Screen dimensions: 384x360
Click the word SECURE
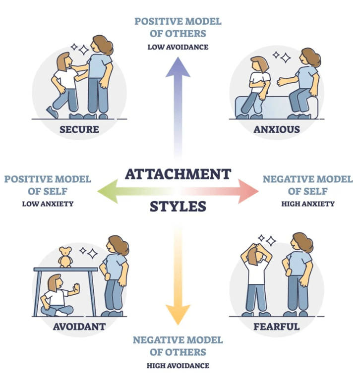[79, 130]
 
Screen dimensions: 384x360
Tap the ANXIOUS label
[277, 130]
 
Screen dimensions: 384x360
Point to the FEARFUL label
[276, 327]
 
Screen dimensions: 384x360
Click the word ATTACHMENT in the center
[178, 174]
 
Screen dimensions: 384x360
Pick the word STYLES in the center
[178, 206]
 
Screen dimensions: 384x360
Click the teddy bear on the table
[64, 257]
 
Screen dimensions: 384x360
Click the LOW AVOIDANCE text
[178, 48]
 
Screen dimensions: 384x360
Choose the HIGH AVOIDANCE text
[178, 366]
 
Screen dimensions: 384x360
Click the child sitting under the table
[56, 296]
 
